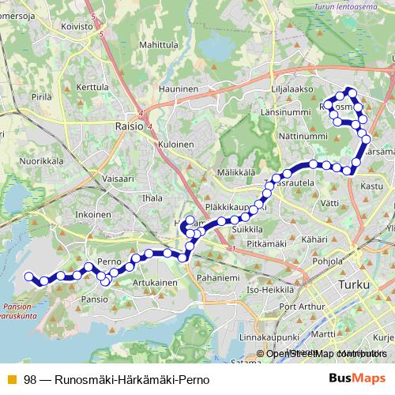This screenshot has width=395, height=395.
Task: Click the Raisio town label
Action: pyautogui.click(x=129, y=125)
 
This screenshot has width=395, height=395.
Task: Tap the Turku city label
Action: pyautogui.click(x=352, y=283)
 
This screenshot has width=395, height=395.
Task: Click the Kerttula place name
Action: pyautogui.click(x=92, y=87)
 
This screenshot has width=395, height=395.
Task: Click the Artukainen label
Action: pyautogui.click(x=154, y=282)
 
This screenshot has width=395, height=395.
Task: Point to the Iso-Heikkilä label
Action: pyautogui.click(x=270, y=290)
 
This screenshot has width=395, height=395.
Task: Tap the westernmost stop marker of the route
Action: pyautogui.click(x=29, y=276)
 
